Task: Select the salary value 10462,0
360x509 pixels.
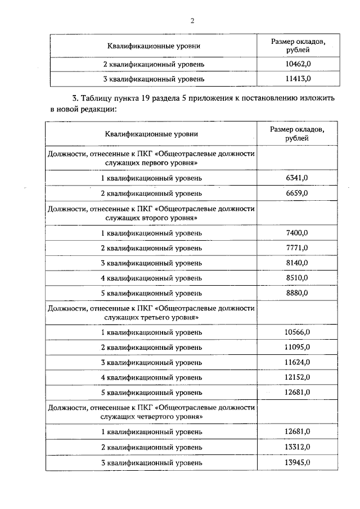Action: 298,64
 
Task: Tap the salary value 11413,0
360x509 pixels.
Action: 298,79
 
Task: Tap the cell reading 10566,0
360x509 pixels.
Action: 298,332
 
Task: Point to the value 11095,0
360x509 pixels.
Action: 298,347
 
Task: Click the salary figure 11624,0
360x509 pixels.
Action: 298,362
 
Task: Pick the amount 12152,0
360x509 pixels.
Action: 298,377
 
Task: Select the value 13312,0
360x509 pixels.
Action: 298,447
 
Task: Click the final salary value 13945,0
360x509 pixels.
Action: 298,462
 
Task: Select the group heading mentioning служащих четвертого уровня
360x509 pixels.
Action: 151,411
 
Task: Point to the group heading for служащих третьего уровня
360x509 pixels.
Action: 151,313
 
